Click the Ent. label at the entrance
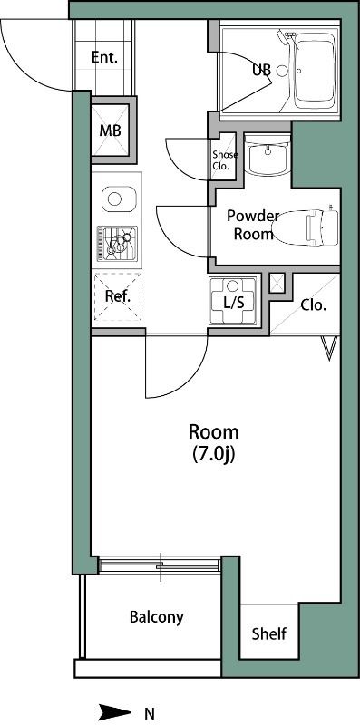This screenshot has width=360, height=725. pos(104,58)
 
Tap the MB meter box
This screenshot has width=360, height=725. pos(110,130)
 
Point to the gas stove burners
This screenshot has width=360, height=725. pos(117,244)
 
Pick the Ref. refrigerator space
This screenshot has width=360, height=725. pos(118,296)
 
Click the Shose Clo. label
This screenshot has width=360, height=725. pos(226,160)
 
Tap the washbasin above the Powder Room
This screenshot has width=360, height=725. pos(268,155)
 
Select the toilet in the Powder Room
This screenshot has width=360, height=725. pos(306,227)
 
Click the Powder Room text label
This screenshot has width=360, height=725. pos(253,225)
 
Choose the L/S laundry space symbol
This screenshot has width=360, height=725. pos(233,301)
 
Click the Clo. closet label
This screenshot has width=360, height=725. pos(314,305)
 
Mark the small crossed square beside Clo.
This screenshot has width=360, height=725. pos(277,283)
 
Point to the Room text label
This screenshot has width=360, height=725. pos(214,432)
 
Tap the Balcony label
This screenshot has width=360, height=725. pos(156,617)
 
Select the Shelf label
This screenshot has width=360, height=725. pos(269,633)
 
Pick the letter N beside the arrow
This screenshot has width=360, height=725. pos(150,712)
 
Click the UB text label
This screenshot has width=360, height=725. pos(261,70)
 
